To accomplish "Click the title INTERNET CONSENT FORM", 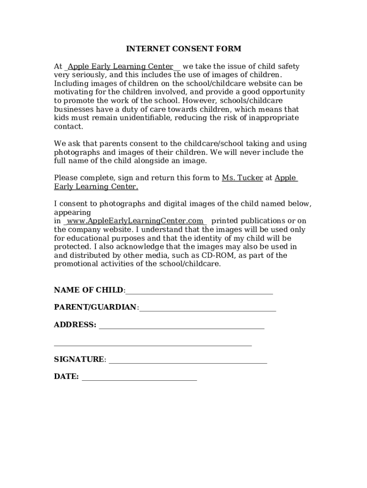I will pyautogui.click(x=183, y=49).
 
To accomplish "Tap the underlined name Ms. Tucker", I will pyautogui.click(x=242, y=178).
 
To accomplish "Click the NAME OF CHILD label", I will pyautogui.click(x=89, y=290).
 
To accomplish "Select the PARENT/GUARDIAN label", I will pyautogui.click(x=95, y=307).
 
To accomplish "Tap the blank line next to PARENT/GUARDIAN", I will pyautogui.click(x=208, y=309).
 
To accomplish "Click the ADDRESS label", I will pyautogui.click(x=75, y=325).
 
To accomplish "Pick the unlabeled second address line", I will pyautogui.click(x=153, y=345).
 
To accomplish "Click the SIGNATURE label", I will pyautogui.click(x=79, y=359).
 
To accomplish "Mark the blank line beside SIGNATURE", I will pyautogui.click(x=188, y=361).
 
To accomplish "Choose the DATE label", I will pyautogui.click(x=66, y=376).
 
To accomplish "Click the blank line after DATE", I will pyautogui.click(x=139, y=378).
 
